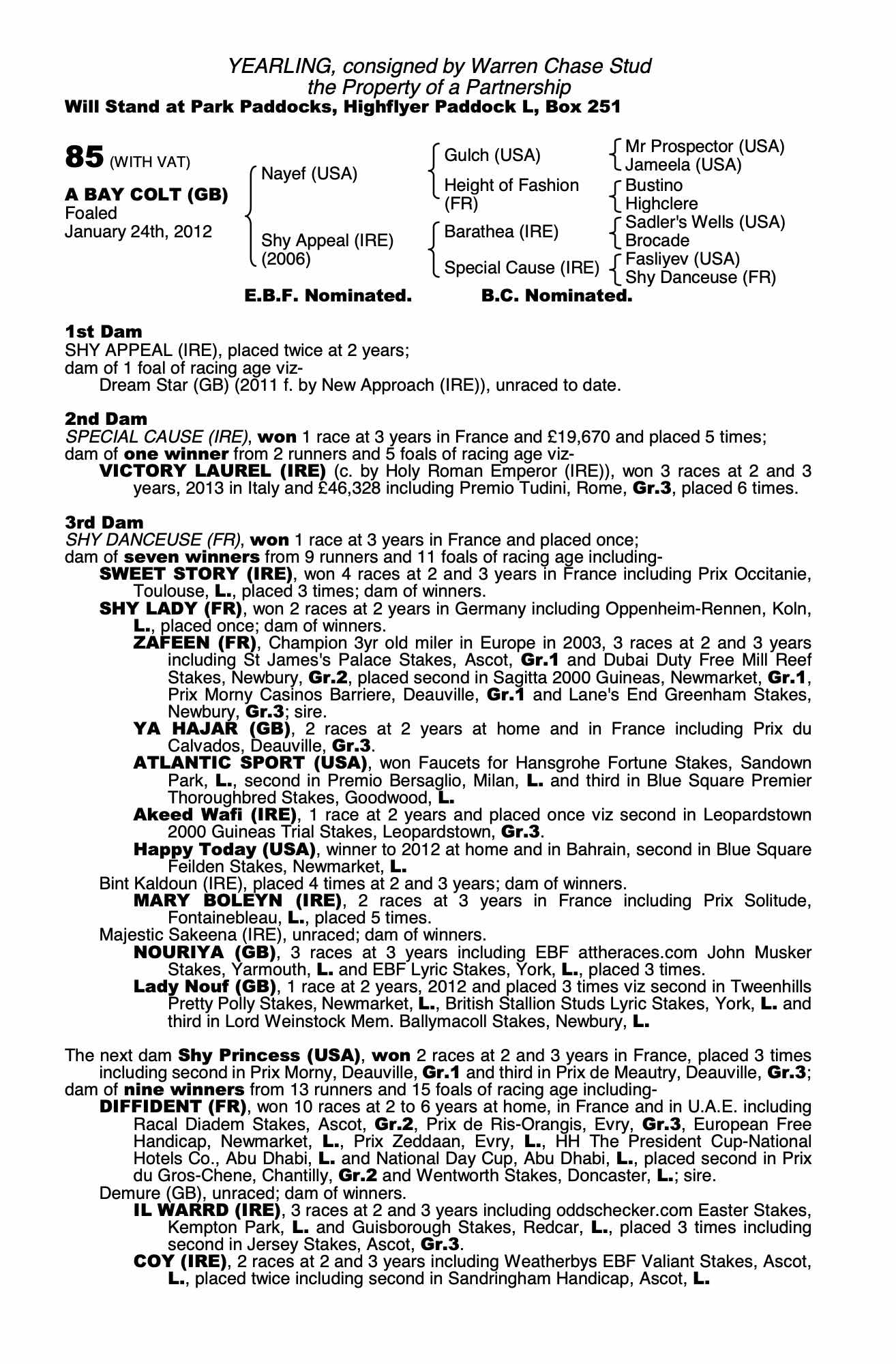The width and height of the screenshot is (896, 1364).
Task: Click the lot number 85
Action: pyautogui.click(x=84, y=157)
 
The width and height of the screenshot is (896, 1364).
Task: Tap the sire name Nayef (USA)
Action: pyautogui.click(x=309, y=174)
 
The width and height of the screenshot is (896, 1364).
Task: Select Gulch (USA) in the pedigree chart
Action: pyautogui.click(x=492, y=155)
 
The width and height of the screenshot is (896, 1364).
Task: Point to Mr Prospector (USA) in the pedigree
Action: pyautogui.click(x=704, y=147)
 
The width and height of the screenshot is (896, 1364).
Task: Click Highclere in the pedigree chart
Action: pyautogui.click(x=661, y=204)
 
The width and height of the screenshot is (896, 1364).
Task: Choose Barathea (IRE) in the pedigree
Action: pyautogui.click(x=501, y=232)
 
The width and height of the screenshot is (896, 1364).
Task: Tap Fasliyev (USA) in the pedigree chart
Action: pyautogui.click(x=682, y=259)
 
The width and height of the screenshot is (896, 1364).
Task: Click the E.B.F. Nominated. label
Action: pyautogui.click(x=328, y=296)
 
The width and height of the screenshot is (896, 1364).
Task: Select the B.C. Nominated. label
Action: pyautogui.click(x=556, y=296)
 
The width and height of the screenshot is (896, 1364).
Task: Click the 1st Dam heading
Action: pyautogui.click(x=104, y=332)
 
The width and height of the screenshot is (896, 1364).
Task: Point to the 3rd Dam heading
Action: pyautogui.click(x=104, y=523)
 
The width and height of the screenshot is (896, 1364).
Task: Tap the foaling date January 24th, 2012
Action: pyautogui.click(x=138, y=232)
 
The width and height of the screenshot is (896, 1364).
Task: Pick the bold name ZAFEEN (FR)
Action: pyautogui.click(x=195, y=643)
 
